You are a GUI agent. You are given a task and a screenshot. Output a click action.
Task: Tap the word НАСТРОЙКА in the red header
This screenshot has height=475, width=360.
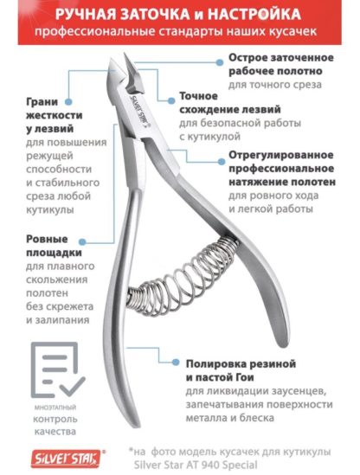coord(254,14)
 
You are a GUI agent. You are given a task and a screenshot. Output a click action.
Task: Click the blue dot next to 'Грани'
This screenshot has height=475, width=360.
coord(68,102)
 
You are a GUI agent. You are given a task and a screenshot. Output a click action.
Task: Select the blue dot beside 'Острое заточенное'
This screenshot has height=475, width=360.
coord(220,62)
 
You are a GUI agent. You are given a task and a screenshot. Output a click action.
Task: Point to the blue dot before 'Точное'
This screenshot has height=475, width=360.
coord(171,101)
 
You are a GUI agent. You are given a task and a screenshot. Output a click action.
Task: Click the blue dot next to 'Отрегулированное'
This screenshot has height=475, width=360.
coord(222,161)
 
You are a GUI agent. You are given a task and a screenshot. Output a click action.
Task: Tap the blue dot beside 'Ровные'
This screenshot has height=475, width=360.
coord(82,241)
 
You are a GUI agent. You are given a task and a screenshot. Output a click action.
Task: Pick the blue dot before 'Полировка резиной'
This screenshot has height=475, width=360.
coord(176,362)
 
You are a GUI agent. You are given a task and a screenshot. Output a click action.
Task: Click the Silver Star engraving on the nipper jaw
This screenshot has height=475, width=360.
coord(138,111)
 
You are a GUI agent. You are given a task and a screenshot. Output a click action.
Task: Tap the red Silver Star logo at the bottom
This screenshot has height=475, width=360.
coord(66,458)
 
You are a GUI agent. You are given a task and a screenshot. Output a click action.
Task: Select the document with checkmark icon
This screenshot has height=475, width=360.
coord(58,369)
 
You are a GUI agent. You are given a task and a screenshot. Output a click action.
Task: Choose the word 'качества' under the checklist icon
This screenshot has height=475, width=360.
coord(55,432)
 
